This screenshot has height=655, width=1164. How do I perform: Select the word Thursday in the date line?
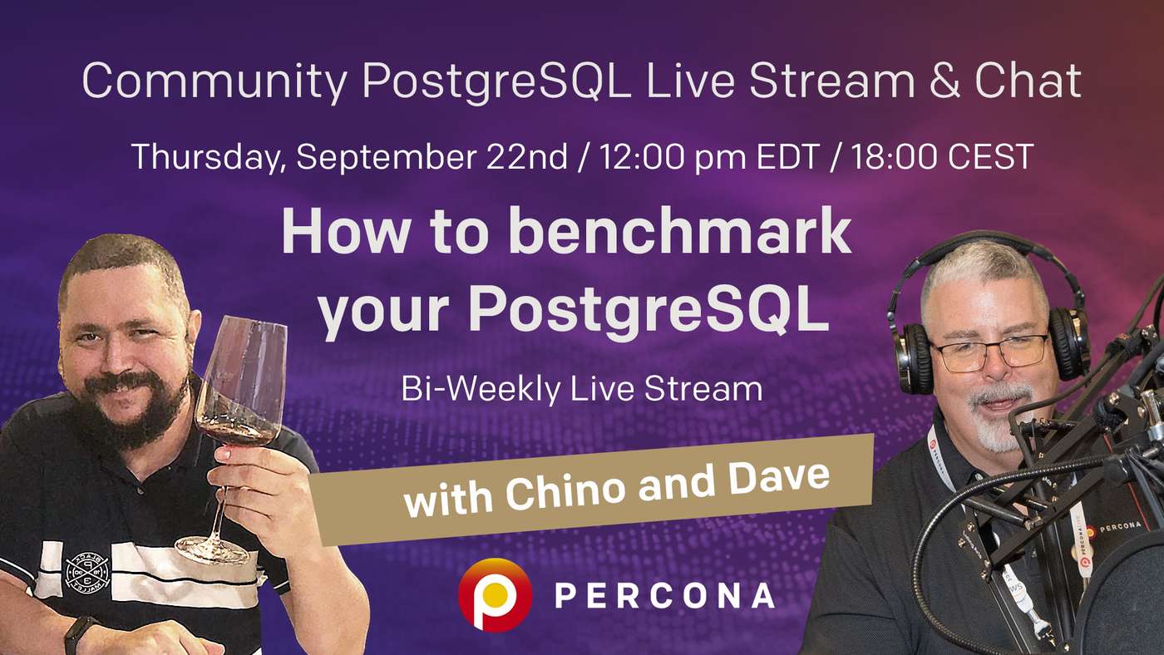click(206, 156)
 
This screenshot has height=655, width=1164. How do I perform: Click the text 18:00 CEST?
click(943, 156)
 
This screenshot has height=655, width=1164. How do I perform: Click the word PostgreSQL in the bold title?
click(649, 311)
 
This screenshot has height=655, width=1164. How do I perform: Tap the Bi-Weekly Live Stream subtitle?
click(581, 389)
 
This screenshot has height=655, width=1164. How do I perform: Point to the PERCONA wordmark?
click(663, 595)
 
